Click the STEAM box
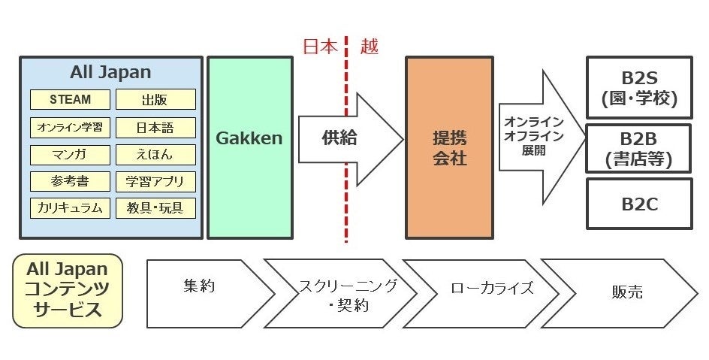click(71, 99)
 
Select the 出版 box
click(155, 99)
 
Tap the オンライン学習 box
click(71, 127)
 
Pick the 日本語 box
click(155, 127)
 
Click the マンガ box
click(71, 155)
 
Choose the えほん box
click(155, 155)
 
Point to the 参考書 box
click(71, 181)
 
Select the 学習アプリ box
click(155, 181)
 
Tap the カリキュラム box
click(71, 207)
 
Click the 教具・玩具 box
click(155, 207)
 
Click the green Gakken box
click(249, 139)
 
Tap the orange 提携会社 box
click(449, 147)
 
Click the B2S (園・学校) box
click(638, 89)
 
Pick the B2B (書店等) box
click(638, 148)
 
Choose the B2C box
click(638, 204)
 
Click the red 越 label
click(370, 47)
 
